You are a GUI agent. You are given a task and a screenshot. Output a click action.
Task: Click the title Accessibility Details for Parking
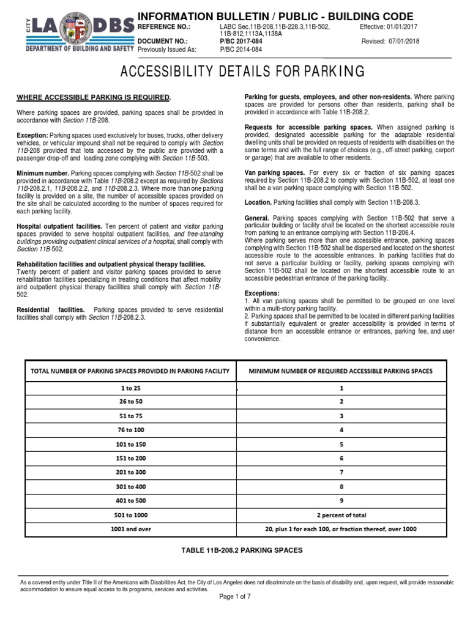click(235, 72)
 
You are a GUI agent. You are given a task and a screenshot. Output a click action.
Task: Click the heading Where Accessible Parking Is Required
click(94, 98)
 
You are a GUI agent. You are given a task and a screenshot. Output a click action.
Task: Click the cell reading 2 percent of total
click(342, 515)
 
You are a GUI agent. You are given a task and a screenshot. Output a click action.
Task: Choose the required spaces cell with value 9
click(342, 501)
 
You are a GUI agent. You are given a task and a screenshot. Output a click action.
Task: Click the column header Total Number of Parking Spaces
click(129, 371)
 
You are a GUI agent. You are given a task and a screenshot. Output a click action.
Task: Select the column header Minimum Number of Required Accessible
click(342, 371)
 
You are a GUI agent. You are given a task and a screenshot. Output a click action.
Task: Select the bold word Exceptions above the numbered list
click(262, 293)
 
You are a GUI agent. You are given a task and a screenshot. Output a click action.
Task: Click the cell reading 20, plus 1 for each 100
click(342, 529)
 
